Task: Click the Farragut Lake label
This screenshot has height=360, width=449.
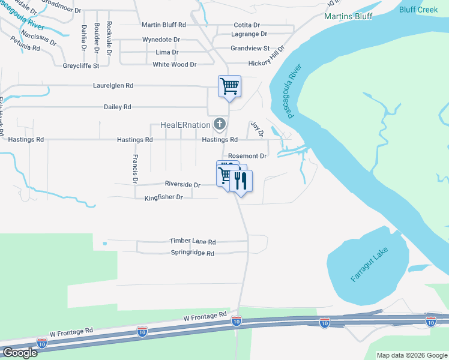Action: point(370,265)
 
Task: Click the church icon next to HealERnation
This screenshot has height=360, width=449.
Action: point(220,125)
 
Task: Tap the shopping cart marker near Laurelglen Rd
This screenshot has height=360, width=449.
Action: point(229,86)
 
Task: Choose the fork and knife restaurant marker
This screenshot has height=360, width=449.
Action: point(241,180)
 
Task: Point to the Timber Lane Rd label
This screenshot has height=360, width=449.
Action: point(192,241)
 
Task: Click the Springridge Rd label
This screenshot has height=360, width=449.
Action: point(193,253)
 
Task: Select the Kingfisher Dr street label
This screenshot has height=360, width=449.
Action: point(163,197)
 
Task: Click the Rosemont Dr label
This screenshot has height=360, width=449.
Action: point(247,155)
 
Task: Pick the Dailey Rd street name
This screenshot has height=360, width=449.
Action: point(117,107)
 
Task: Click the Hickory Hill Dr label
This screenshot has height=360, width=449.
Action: point(259,59)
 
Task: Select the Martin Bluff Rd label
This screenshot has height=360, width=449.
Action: point(163,25)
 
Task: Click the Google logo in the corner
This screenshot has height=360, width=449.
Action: point(19,353)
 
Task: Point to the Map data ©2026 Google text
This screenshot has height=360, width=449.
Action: point(411,355)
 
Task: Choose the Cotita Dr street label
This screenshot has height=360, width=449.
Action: point(247,25)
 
